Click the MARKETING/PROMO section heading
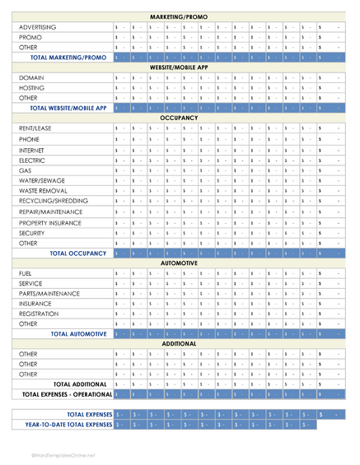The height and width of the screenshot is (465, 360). (x=180, y=16)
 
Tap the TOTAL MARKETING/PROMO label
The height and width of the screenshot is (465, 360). (x=68, y=58)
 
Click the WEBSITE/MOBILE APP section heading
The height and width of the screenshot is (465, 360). (x=180, y=67)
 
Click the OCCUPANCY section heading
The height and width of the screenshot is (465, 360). (x=180, y=118)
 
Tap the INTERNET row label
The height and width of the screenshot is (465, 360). (x=34, y=150)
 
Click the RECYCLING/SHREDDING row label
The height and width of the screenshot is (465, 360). (x=53, y=200)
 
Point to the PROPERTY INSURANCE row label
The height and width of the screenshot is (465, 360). (x=51, y=222)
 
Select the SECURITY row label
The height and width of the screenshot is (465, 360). (x=33, y=233)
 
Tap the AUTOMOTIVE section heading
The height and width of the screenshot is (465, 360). (x=180, y=263)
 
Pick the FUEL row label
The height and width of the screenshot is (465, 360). (x=26, y=273)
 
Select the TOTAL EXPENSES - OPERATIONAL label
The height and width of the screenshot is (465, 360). (x=66, y=394)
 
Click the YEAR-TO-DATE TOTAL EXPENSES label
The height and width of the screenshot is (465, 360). (x=68, y=425)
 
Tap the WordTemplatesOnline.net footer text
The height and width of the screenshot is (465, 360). (x=63, y=454)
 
